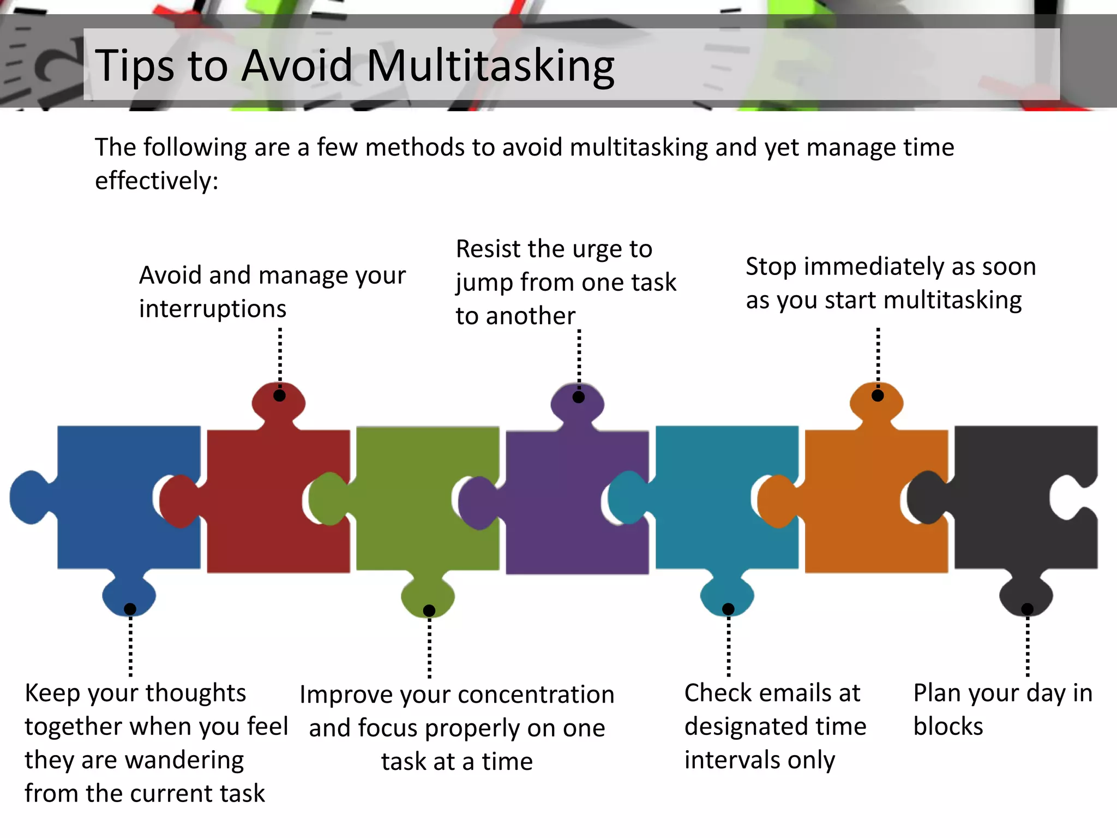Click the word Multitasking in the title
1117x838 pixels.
[x=490, y=66]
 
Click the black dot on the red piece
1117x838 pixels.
[x=279, y=396]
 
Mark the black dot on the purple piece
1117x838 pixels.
[x=579, y=397]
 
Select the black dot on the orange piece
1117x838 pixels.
[x=878, y=396]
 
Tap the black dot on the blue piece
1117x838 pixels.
[x=130, y=609]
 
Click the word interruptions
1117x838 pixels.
[x=213, y=309]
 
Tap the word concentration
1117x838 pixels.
[x=534, y=695]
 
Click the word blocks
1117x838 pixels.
[x=948, y=727]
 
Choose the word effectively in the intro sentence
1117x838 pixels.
[x=156, y=181]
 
